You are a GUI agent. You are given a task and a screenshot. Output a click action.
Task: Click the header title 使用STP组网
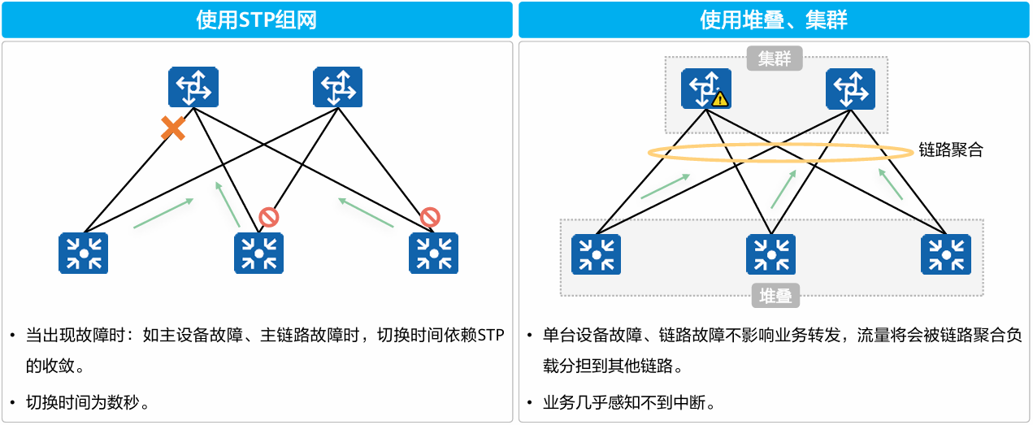click(x=256, y=20)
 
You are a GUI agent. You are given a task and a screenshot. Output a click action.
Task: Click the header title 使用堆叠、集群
click(x=774, y=20)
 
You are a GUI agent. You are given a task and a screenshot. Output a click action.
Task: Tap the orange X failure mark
click(x=172, y=128)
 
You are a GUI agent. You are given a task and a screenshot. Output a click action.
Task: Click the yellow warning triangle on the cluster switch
click(x=719, y=99)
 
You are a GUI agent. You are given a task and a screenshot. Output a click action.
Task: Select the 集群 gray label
click(x=775, y=59)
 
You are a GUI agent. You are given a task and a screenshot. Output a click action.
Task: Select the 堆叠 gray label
click(x=775, y=297)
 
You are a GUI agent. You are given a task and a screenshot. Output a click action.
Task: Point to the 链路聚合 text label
click(x=950, y=150)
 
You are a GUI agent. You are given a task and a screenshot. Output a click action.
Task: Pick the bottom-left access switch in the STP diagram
click(x=84, y=253)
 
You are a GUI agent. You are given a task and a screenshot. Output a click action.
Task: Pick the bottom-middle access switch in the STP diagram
click(x=258, y=253)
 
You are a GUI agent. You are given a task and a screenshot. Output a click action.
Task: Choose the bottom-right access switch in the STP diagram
click(x=433, y=253)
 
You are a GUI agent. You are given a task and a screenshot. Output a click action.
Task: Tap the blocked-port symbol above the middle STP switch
click(x=268, y=217)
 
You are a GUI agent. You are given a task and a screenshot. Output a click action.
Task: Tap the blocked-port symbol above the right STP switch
click(x=430, y=217)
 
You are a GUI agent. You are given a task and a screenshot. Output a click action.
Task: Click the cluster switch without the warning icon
click(x=850, y=89)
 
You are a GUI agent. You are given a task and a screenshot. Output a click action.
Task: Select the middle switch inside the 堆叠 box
click(x=770, y=254)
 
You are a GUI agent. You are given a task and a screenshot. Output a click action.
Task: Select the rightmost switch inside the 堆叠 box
click(x=945, y=254)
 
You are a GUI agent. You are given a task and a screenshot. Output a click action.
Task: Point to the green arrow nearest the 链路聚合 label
click(x=892, y=185)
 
